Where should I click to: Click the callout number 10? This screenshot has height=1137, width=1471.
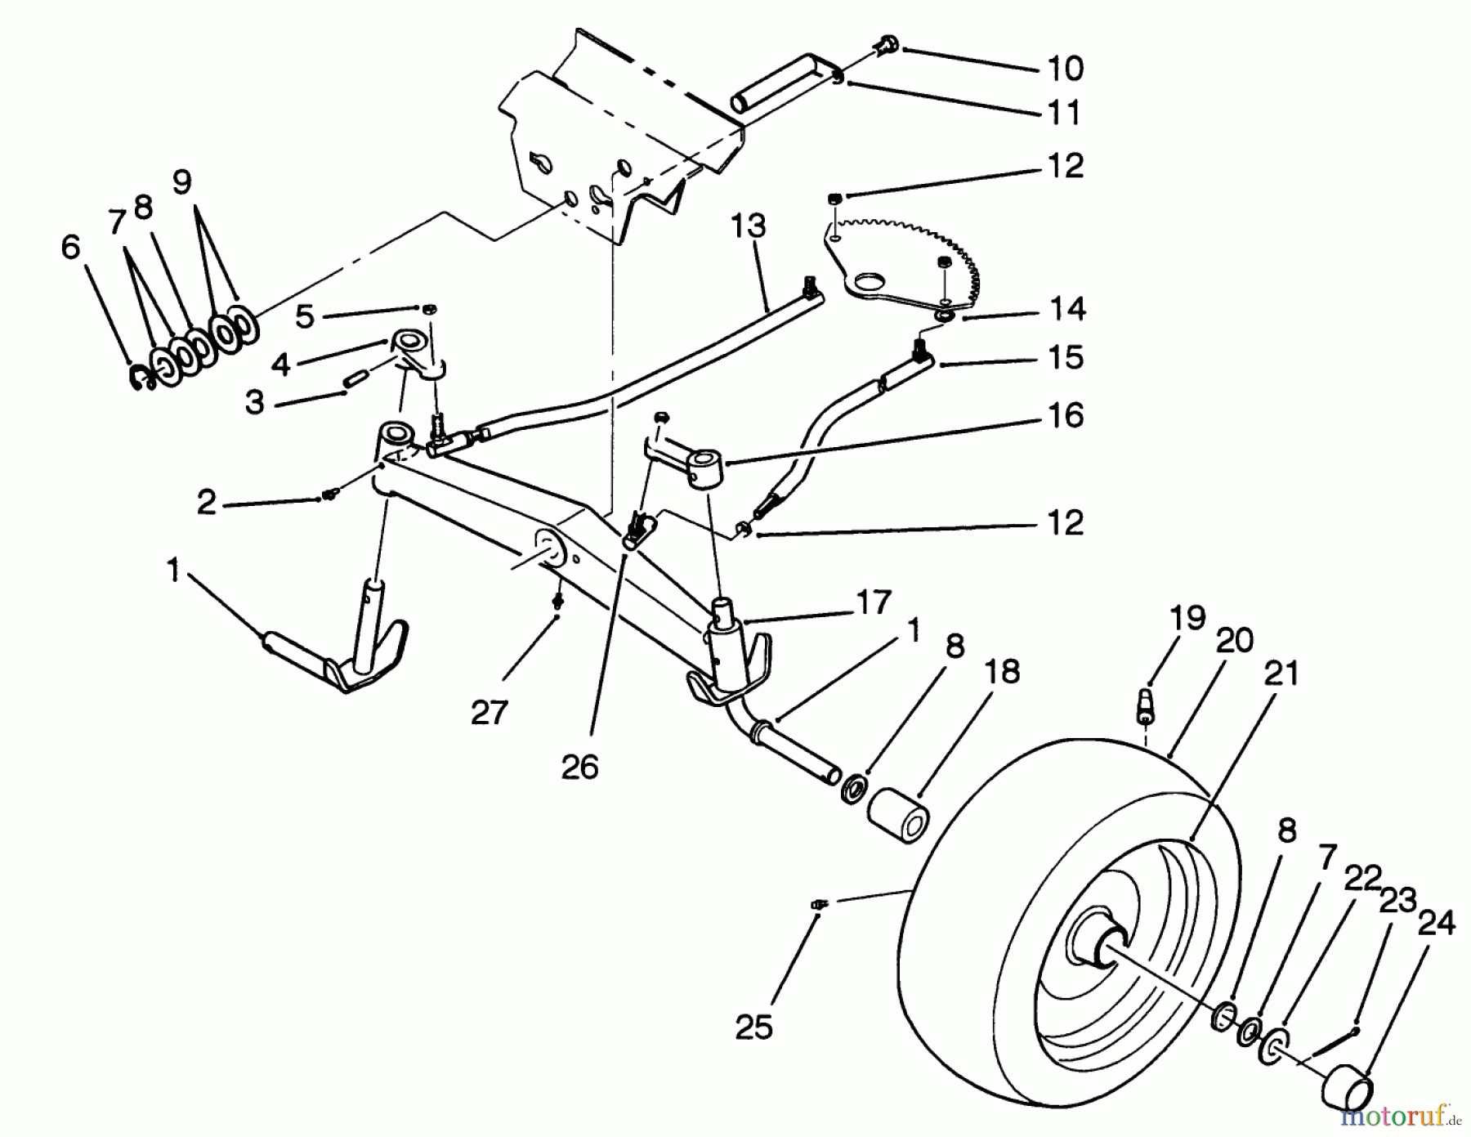pyautogui.click(x=1065, y=69)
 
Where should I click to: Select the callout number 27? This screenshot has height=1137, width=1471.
pyautogui.click(x=490, y=713)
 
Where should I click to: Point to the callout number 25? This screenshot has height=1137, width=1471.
pyautogui.click(x=753, y=1027)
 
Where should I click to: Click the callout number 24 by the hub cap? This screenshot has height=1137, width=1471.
pyautogui.click(x=1436, y=923)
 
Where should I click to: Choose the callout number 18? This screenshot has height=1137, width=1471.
pyautogui.click(x=1003, y=671)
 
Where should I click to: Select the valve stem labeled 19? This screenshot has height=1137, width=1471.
pyautogui.click(x=1147, y=705)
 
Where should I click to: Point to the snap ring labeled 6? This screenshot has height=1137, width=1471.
pyautogui.click(x=142, y=377)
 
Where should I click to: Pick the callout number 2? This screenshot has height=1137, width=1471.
pyautogui.click(x=206, y=503)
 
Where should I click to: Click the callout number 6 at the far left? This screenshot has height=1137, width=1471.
pyautogui.click(x=72, y=247)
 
